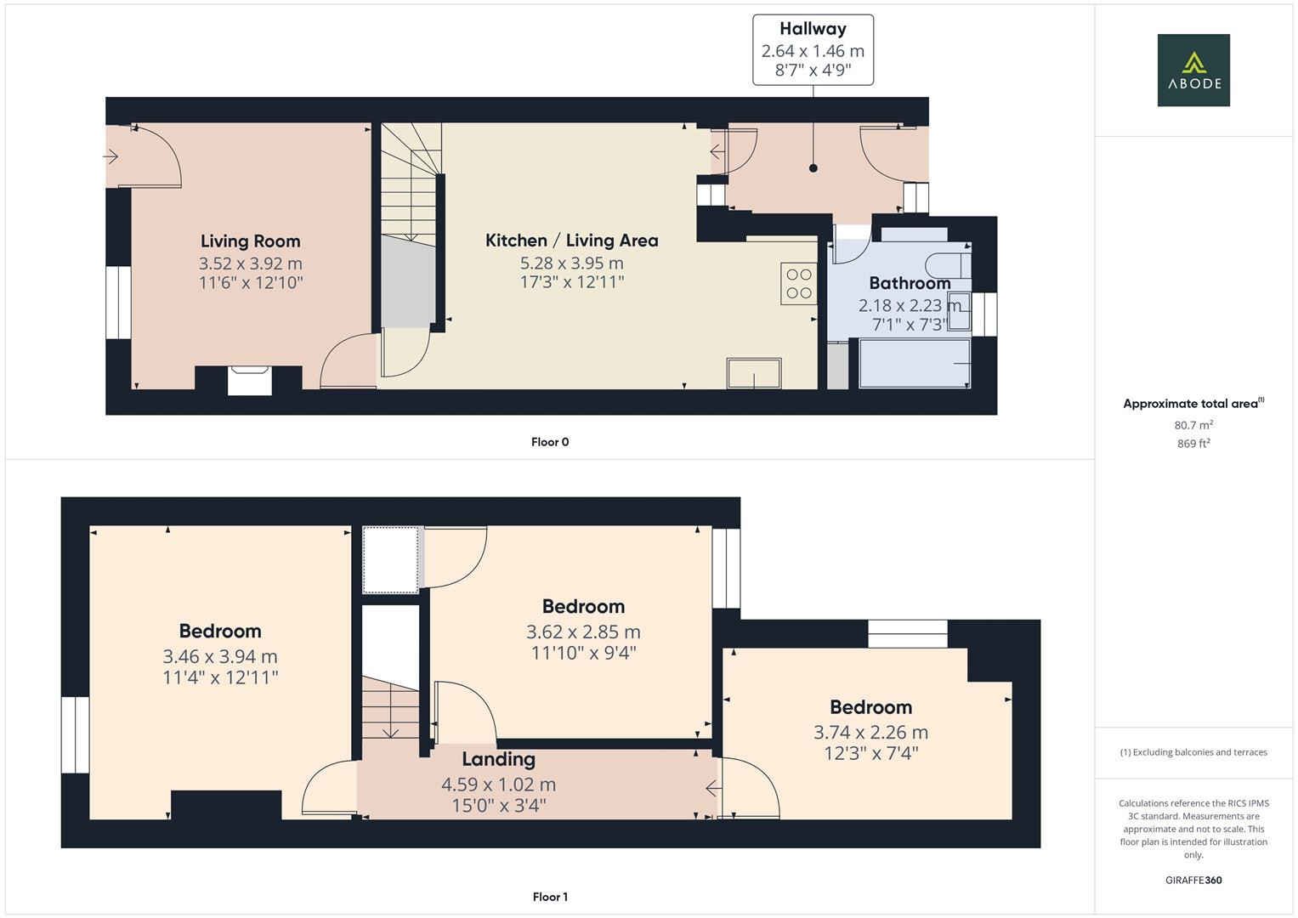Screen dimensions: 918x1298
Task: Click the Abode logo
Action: (1193, 70)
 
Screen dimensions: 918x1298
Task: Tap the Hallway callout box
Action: (813, 50)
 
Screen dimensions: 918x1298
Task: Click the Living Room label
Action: (250, 241)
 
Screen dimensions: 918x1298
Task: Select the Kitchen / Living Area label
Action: (571, 241)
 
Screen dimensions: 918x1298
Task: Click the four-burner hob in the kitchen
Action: (798, 284)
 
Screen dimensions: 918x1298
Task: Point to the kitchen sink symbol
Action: (753, 373)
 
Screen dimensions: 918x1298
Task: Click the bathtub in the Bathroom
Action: (915, 364)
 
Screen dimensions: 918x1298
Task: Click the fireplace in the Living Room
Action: (250, 379)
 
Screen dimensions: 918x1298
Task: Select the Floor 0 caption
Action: (549, 442)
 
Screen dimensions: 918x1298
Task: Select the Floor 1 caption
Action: (549, 897)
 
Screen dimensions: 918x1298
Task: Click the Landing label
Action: (498, 759)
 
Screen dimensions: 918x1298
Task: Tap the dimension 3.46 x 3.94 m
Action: (220, 656)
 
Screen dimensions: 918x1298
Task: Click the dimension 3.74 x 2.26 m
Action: (870, 732)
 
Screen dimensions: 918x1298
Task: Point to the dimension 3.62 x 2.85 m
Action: (583, 632)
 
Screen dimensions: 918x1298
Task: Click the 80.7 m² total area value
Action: (1193, 425)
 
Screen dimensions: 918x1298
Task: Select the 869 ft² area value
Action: (1193, 444)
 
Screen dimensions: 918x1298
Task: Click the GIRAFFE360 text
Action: (1193, 880)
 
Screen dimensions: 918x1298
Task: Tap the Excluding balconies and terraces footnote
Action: (1193, 752)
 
